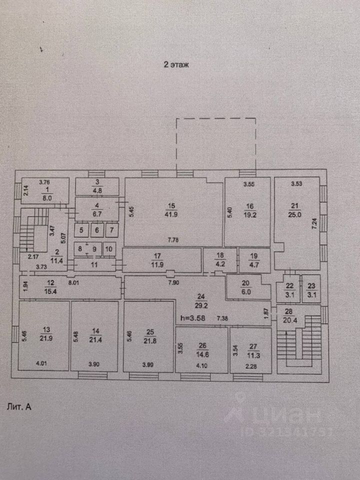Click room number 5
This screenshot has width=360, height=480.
pyautogui.click(x=81, y=230)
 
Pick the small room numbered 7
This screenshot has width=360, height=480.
pyautogui.click(x=112, y=230)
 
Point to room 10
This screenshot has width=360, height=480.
pyautogui.click(x=109, y=248)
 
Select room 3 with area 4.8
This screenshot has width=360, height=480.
pyautogui.click(x=97, y=186)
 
